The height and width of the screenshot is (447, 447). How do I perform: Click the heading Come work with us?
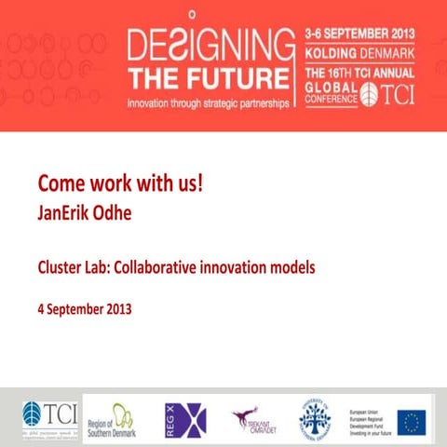point(119,182)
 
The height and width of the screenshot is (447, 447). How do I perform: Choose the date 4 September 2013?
point(85,308)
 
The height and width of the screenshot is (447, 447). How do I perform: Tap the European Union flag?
point(412,421)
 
